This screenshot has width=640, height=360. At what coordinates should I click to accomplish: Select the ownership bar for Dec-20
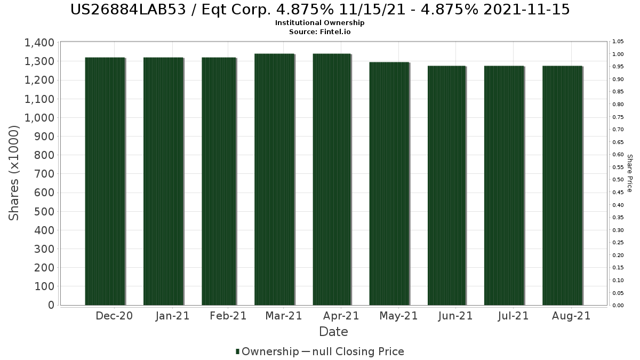pos(105,181)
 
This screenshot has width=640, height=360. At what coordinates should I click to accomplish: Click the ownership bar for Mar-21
pos(274,179)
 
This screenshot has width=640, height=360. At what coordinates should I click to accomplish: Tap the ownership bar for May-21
pos(389,183)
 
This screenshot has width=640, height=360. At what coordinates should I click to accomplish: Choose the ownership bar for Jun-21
pos(446,186)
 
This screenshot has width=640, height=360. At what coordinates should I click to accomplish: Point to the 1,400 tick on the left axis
pos(39,43)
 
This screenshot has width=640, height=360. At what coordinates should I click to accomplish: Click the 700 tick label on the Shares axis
pos(44,174)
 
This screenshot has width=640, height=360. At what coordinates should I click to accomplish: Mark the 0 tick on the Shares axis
pos(51,305)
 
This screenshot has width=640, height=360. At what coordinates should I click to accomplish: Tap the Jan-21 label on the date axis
pos(172,316)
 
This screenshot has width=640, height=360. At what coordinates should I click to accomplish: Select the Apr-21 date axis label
pos(341,316)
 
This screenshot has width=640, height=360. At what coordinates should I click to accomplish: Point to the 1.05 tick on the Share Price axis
pos(618,42)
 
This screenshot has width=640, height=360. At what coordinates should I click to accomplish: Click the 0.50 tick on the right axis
pos(618,180)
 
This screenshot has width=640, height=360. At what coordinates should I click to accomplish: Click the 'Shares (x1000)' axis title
pos(14,173)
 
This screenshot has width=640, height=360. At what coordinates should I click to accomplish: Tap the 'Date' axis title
pos(333,332)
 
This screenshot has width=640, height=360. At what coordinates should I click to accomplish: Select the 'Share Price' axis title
pos(630,173)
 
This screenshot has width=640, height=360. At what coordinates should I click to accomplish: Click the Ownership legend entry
pos(267,351)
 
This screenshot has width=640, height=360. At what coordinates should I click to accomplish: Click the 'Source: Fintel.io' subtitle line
pos(320,31)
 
